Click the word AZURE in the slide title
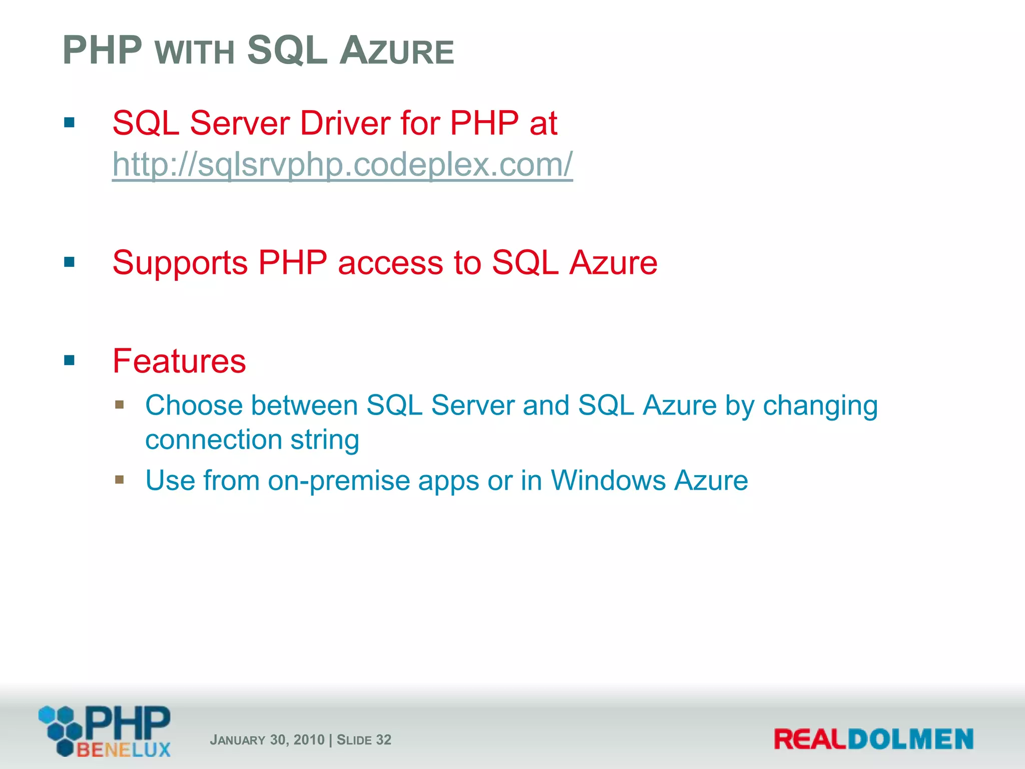[x=396, y=52]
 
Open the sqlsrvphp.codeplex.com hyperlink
[x=342, y=164]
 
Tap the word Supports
[x=180, y=263]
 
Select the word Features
[x=179, y=361]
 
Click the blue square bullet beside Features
[x=70, y=360]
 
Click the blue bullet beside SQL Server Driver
[x=70, y=123]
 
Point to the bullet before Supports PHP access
[x=70, y=262]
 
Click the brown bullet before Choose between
[x=119, y=404]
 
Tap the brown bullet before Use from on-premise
[x=119, y=480]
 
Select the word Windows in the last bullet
[x=607, y=481]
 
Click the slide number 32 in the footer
[x=383, y=739]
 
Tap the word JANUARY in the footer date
[x=237, y=740]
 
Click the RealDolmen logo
[x=873, y=739]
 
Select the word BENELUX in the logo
[x=123, y=750]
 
